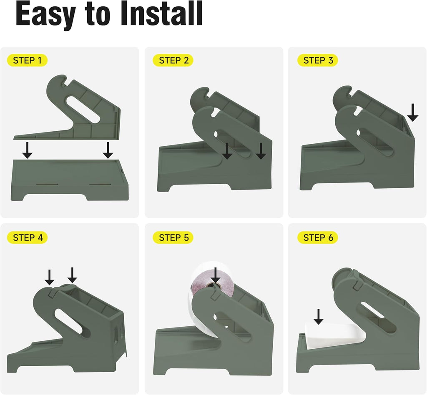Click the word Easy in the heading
coord(45,15)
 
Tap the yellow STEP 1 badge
coord(27,60)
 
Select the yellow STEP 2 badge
coord(173,60)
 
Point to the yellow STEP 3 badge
coord(318,60)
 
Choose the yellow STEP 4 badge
coord(27,237)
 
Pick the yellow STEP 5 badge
coord(173,237)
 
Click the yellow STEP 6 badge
coord(318,237)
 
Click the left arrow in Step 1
coord(27,150)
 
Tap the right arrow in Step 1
coord(108,150)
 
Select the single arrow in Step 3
coord(413,112)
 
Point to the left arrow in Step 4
coord(49,277)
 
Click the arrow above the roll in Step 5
coord(216,275)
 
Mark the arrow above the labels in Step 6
coord(318,316)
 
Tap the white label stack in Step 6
coord(334,335)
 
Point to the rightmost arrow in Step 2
coord(261,151)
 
